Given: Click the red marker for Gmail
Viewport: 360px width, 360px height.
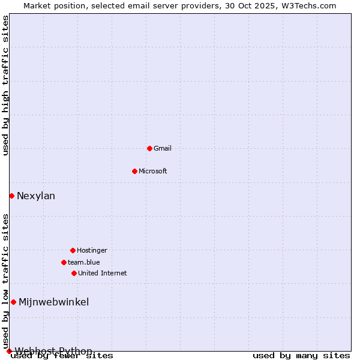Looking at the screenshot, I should pyautogui.click(x=149, y=148).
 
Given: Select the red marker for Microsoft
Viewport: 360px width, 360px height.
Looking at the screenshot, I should pyautogui.click(x=134, y=171).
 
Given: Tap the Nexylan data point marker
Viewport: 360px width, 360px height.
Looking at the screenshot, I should pyautogui.click(x=11, y=196).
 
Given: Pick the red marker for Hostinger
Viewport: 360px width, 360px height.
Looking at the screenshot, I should pyautogui.click(x=73, y=250).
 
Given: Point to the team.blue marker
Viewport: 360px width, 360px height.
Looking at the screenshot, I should pyautogui.click(x=64, y=262).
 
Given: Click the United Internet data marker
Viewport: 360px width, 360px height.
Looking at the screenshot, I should pyautogui.click(x=74, y=273).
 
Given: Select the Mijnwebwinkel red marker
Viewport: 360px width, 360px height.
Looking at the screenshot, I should pyautogui.click(x=13, y=302).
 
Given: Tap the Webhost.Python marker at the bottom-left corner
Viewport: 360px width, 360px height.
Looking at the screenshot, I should pyautogui.click(x=9, y=351).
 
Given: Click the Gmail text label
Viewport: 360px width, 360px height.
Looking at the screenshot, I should pyautogui.click(x=163, y=148).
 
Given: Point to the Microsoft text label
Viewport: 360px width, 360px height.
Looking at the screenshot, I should pyautogui.click(x=153, y=171).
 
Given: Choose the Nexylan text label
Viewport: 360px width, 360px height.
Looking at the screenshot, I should pyautogui.click(x=36, y=196).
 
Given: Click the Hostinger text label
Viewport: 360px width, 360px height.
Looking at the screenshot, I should pyautogui.click(x=92, y=250).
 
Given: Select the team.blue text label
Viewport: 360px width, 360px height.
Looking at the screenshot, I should pyautogui.click(x=84, y=262).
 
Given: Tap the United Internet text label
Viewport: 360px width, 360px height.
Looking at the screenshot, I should pyautogui.click(x=103, y=273).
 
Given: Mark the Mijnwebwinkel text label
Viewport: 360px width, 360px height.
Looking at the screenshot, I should pyautogui.click(x=54, y=302).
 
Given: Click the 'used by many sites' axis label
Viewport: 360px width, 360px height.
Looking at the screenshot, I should pyautogui.click(x=301, y=356).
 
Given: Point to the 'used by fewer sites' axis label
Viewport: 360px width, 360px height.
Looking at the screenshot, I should pyautogui.click(x=62, y=356).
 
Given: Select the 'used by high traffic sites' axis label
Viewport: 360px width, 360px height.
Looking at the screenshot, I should pyautogui.click(x=6, y=85).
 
